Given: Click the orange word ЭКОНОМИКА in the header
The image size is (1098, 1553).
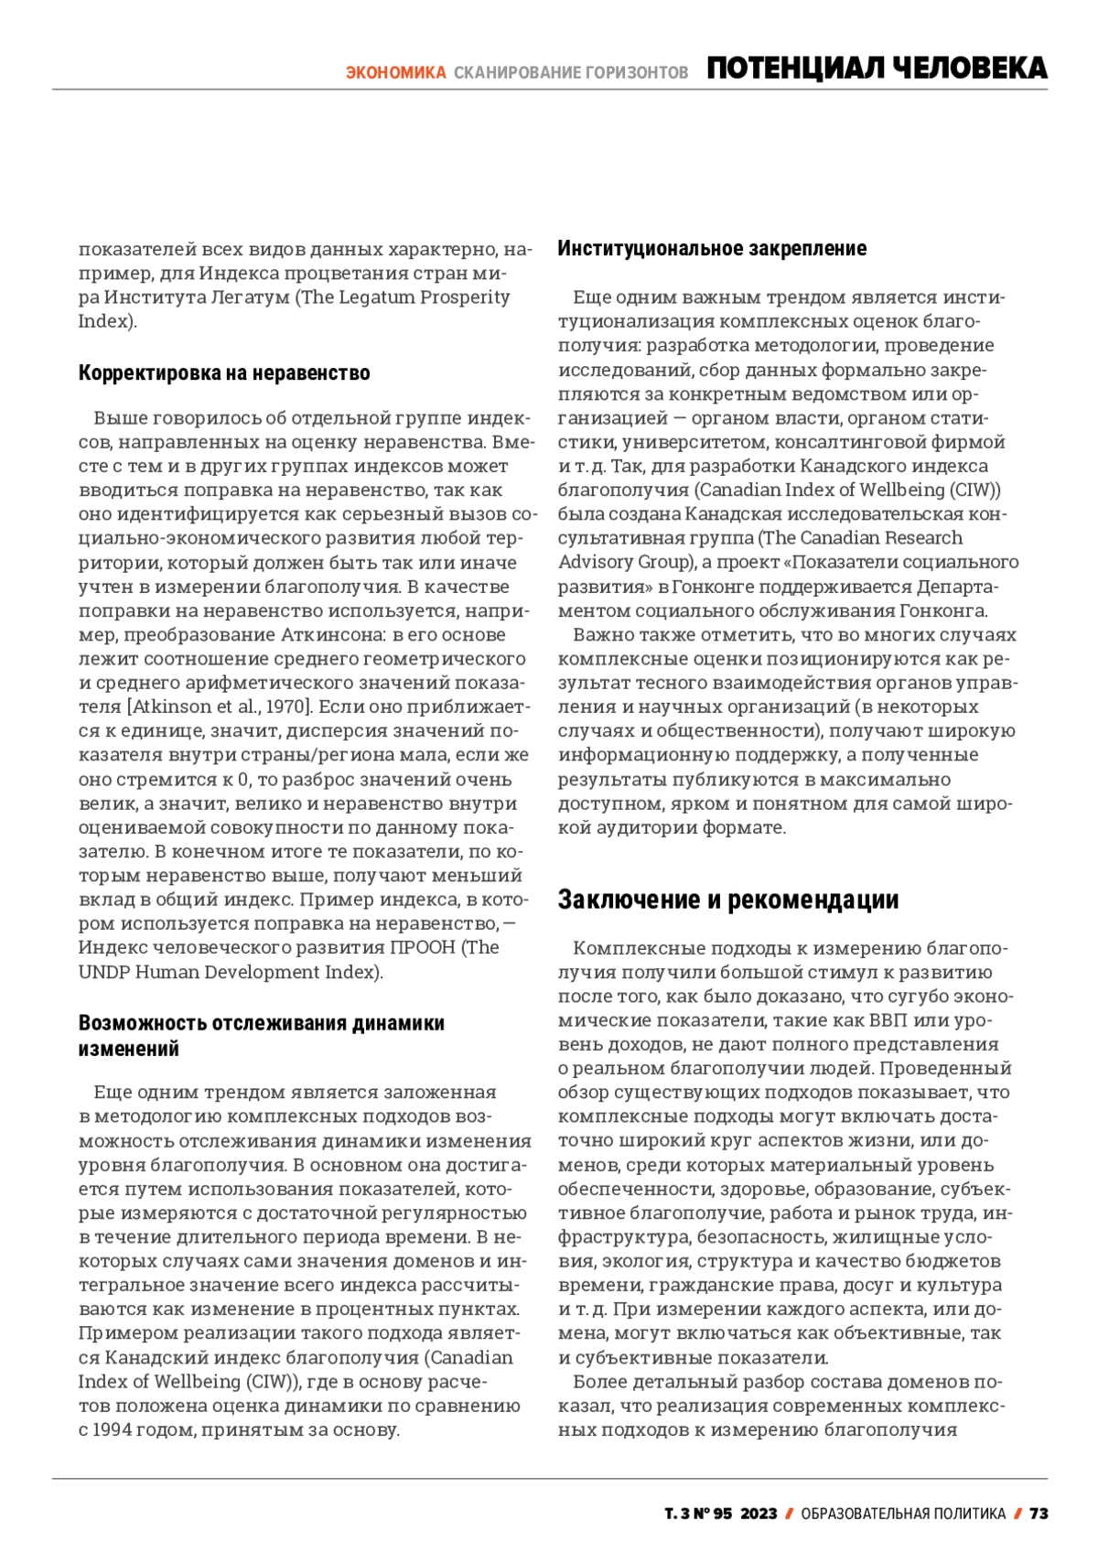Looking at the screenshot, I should pyautogui.click(x=395, y=72).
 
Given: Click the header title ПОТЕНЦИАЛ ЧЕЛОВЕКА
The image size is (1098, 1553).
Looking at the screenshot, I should pyautogui.click(x=877, y=69).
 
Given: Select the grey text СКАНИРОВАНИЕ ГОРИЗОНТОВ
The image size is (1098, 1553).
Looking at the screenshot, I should pyautogui.click(x=571, y=72).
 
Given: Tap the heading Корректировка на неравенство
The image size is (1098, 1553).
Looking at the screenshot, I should pyautogui.click(x=224, y=372).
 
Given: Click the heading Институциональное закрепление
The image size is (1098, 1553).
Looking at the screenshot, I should pyautogui.click(x=712, y=248).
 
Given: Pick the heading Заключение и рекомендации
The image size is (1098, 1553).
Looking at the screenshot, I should pyautogui.click(x=728, y=900).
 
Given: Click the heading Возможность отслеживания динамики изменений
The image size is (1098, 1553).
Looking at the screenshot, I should pyautogui.click(x=261, y=1035).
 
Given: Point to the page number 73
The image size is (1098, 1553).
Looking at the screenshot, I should pyautogui.click(x=1039, y=1514).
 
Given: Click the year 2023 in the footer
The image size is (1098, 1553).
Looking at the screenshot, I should pyautogui.click(x=759, y=1514).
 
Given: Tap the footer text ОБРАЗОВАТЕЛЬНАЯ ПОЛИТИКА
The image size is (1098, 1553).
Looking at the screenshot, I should pyautogui.click(x=903, y=1514).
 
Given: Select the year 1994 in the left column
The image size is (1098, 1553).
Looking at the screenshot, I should pyautogui.click(x=112, y=1429).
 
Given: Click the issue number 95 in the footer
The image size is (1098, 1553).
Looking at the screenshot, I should pyautogui.click(x=723, y=1514).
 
